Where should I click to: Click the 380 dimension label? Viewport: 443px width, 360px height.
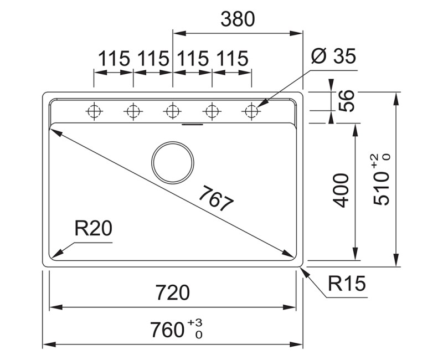[x=238, y=19]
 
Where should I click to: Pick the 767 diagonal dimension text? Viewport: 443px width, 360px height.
[x=215, y=199]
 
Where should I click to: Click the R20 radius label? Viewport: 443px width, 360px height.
[x=93, y=228]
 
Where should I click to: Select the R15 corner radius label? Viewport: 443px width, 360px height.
[x=347, y=284]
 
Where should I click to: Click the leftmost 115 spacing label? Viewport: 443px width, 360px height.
[x=114, y=58]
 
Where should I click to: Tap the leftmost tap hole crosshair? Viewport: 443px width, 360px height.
[x=94, y=111]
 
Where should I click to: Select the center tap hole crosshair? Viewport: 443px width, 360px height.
[x=173, y=111]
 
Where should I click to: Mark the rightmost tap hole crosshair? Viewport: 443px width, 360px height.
[x=251, y=111]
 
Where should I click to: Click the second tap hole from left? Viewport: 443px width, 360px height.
[x=133, y=111]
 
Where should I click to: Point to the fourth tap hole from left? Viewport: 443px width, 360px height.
[x=212, y=111]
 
